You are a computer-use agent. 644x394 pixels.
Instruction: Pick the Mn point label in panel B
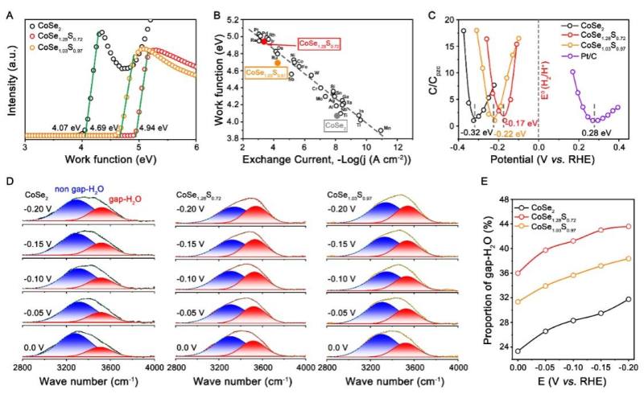387,128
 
